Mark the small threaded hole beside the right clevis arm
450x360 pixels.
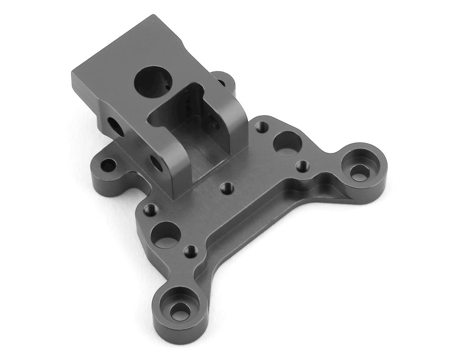[261, 126]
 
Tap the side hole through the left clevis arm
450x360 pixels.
[156, 162]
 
